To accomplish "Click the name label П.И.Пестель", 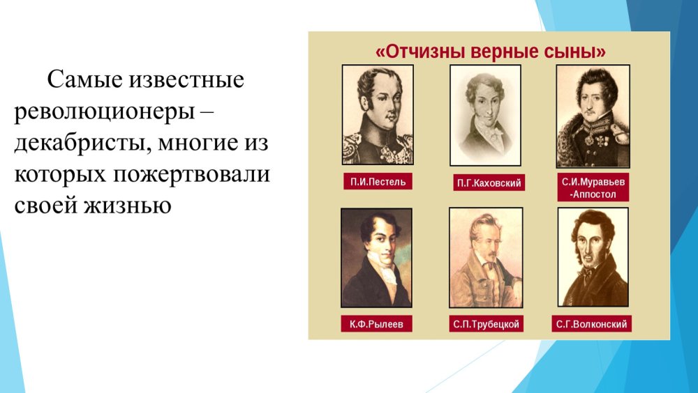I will click(378, 183).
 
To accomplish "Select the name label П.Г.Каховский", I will click(488, 184).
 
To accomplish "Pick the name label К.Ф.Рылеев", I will click(376, 324).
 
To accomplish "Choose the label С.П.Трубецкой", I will click(487, 325).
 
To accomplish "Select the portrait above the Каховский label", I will click(485, 115).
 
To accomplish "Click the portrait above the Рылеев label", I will click(376, 258).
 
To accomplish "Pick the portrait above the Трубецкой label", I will click(485, 258).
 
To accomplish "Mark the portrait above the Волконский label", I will click(593, 257).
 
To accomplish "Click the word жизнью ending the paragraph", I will click(128, 206).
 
